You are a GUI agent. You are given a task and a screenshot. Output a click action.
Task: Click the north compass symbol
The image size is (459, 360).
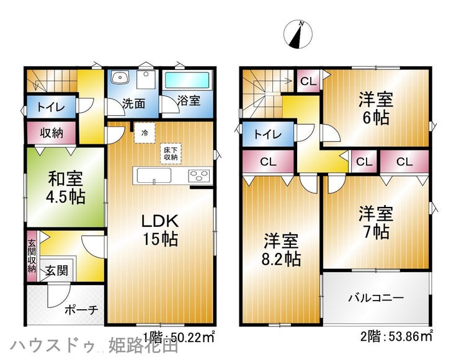click(x=298, y=34)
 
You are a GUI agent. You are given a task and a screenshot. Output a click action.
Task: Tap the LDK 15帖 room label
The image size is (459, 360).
click(x=160, y=230)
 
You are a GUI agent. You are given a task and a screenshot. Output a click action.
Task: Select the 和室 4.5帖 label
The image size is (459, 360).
click(x=66, y=188)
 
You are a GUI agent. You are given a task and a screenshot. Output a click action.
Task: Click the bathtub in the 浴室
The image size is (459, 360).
click(x=187, y=80)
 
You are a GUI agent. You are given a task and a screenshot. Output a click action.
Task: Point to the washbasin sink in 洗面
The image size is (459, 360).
click(x=120, y=78)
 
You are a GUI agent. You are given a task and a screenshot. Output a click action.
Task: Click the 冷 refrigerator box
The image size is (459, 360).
click(x=145, y=133)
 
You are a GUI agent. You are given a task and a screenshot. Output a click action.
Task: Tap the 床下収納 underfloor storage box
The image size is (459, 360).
click(x=171, y=154)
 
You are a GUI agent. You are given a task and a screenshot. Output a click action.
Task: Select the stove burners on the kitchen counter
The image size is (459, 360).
click(x=200, y=176)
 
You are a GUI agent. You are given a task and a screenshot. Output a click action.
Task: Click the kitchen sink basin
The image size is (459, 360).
click(x=152, y=176)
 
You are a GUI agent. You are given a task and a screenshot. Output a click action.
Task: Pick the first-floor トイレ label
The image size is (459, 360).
click(x=51, y=107)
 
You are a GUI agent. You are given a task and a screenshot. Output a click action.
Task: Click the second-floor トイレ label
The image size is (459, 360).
click(x=267, y=134)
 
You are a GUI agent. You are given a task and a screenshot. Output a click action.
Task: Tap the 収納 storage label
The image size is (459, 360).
click(x=51, y=133)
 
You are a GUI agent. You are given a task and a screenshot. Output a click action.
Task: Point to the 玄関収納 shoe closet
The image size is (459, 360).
click(x=32, y=256)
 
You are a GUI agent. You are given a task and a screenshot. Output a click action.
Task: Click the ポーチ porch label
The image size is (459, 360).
click(x=81, y=310)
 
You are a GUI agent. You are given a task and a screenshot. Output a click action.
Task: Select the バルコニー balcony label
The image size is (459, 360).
click(x=376, y=298)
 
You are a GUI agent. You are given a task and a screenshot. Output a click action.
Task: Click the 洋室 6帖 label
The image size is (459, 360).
click(x=376, y=108)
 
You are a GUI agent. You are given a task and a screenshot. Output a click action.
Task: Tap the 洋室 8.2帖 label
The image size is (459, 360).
click(x=281, y=250)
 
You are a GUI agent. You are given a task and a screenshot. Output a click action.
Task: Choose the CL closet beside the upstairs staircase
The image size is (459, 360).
click(x=308, y=81)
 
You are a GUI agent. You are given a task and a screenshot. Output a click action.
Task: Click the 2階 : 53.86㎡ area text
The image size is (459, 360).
click(x=396, y=336)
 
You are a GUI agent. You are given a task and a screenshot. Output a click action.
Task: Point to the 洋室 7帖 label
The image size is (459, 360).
click(x=376, y=222)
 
